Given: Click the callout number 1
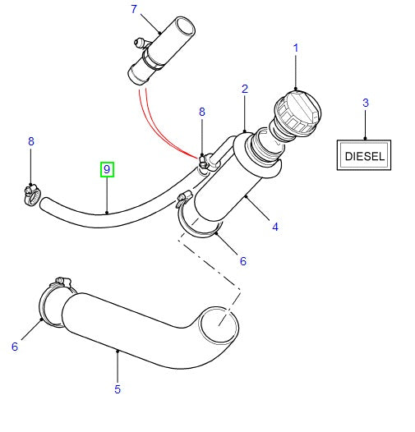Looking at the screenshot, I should point(296,48).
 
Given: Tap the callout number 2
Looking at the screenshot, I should point(245,88).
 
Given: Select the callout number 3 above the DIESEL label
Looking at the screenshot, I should point(365,103).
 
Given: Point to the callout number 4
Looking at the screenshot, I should point(275,227).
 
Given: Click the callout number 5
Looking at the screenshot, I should point(118,388).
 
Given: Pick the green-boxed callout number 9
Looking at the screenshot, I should point(107,170).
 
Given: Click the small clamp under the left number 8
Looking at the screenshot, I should point(33,194).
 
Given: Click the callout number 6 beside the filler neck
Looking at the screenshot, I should point(242,261).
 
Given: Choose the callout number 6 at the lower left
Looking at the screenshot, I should point(14,347).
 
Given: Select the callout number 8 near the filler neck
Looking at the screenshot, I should point(201,113).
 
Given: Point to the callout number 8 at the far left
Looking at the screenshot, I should point(31,141).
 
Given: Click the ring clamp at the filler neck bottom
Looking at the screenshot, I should point(200,226).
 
